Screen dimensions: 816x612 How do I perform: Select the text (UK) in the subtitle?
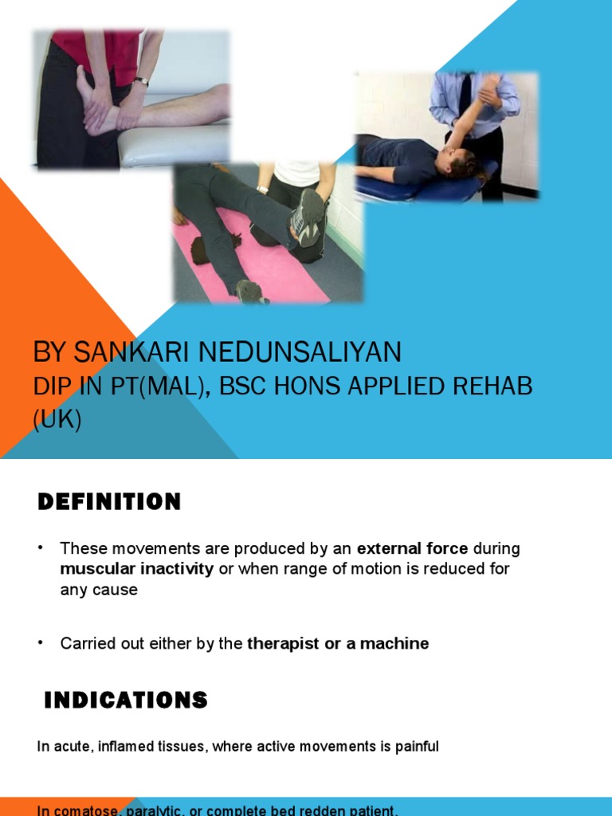click(x=57, y=421)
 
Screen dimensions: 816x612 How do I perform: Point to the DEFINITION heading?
click(x=109, y=502)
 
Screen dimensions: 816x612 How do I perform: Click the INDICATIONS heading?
click(x=126, y=700)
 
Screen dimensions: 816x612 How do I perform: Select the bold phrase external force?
click(x=413, y=548)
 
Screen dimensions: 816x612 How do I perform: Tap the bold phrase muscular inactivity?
click(x=136, y=569)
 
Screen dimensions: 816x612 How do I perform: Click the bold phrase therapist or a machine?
click(x=338, y=643)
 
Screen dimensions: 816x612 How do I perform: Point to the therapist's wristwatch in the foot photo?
click(x=141, y=81)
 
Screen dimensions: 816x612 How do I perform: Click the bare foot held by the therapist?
click(x=92, y=104)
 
